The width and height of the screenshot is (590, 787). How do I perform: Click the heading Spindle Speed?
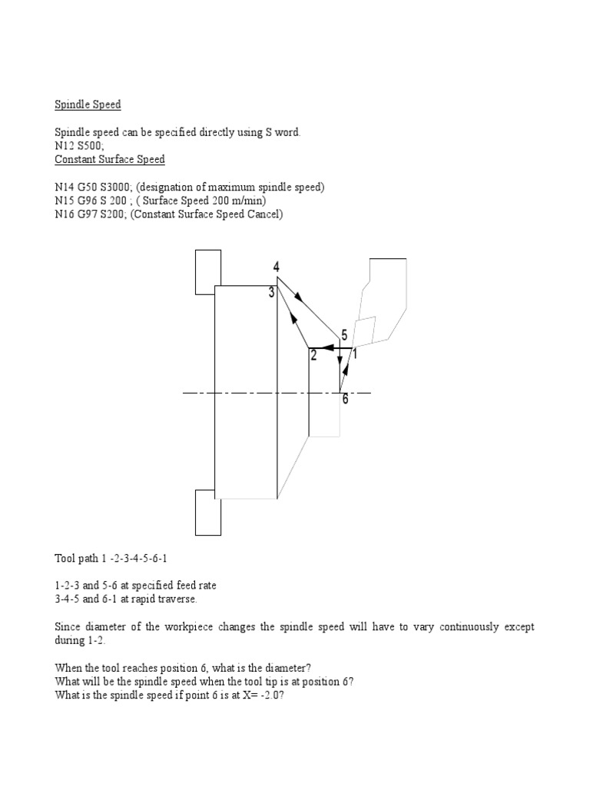pyautogui.click(x=88, y=105)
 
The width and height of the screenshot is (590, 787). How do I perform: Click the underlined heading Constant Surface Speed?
pyautogui.click(x=110, y=160)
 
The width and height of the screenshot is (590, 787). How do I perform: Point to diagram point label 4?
pyautogui.click(x=276, y=267)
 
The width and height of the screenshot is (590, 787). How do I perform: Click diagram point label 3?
pyautogui.click(x=271, y=292)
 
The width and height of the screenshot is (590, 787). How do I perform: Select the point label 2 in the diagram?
pyautogui.click(x=313, y=355)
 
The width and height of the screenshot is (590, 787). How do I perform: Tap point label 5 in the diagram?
pyautogui.click(x=345, y=335)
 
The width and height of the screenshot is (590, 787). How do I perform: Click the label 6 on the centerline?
pyautogui.click(x=345, y=400)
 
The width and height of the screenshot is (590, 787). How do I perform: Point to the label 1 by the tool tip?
pyautogui.click(x=355, y=355)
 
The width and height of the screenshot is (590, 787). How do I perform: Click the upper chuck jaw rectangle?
pyautogui.click(x=208, y=271)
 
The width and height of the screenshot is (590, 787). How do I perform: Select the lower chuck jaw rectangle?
pyautogui.click(x=208, y=513)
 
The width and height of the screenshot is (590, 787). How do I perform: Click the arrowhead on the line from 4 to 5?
pyautogui.click(x=297, y=296)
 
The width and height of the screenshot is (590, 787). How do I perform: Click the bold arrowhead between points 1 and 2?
pyautogui.click(x=326, y=348)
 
